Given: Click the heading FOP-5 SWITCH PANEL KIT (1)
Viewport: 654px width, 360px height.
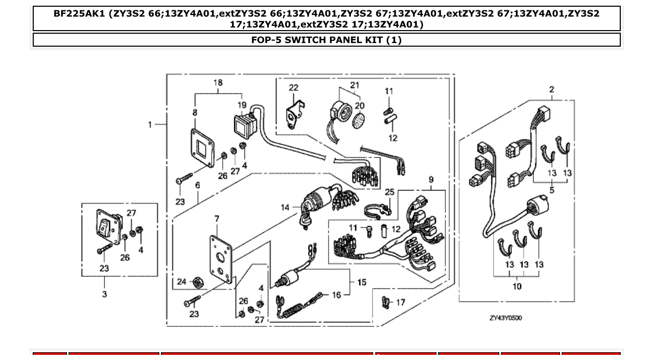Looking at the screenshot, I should pos(326,40).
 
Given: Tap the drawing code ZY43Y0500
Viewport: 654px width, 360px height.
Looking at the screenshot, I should pos(506,317).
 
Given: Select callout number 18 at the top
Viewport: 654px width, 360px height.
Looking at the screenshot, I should pos(218,83).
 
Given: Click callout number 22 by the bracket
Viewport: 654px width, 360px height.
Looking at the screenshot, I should pos(294,88).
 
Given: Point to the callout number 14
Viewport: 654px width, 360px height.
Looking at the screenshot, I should pos(285,207).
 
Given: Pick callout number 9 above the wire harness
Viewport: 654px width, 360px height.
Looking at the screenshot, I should pos(431,180).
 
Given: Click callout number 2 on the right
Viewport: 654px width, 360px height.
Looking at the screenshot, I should pos(551,90).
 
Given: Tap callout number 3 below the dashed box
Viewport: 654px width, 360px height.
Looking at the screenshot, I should pos(104,294).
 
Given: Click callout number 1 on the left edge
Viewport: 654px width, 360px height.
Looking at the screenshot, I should pos(150,124).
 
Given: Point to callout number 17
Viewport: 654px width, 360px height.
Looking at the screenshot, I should pos(401,302).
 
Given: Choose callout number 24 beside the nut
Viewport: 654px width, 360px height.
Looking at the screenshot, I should pos(181,282).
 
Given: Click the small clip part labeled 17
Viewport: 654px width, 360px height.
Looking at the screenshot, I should pos(385,301).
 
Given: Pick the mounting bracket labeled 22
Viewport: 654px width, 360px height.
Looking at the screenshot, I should pos(293,115).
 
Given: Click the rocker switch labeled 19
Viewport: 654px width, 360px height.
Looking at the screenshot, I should pos(243,126).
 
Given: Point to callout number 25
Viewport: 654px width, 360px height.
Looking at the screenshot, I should pos(390,192).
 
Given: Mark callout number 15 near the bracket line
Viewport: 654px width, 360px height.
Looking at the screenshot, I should pos(362,282).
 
